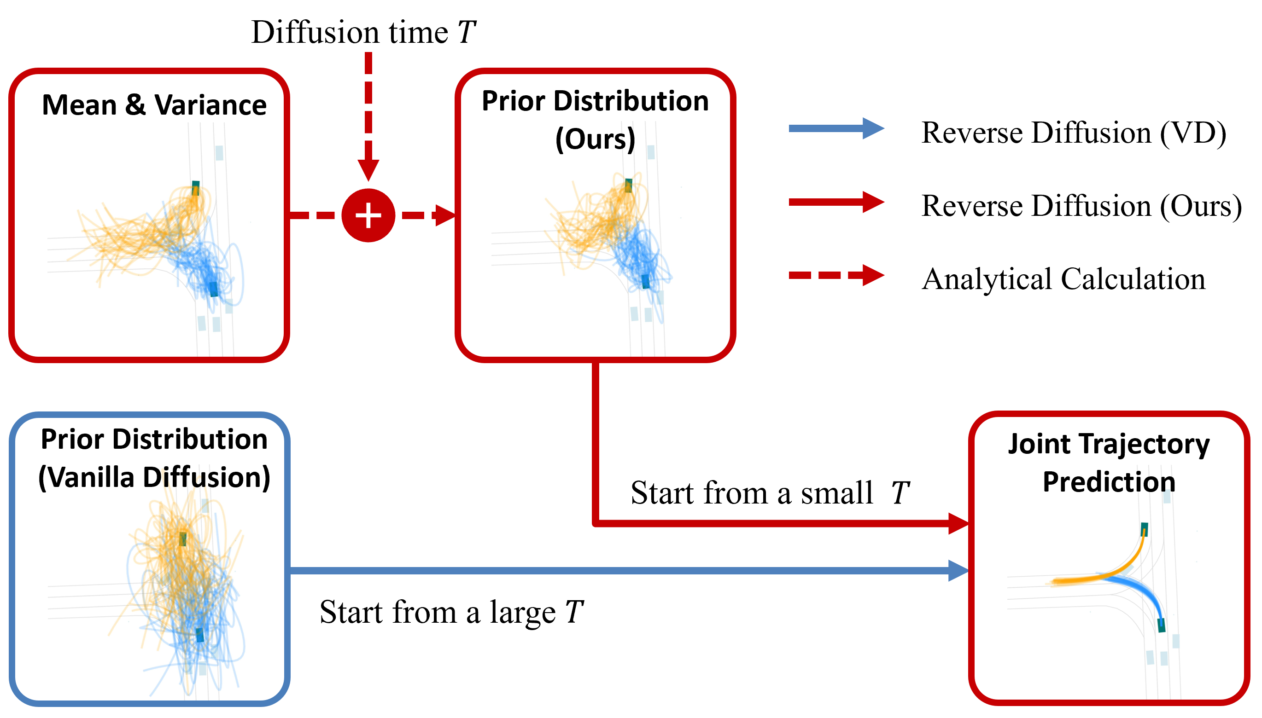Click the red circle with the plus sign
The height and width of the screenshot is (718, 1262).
(368, 215)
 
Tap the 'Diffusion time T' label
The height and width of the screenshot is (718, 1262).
(363, 33)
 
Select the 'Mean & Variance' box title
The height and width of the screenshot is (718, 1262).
(154, 105)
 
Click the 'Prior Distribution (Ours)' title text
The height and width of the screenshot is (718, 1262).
(595, 120)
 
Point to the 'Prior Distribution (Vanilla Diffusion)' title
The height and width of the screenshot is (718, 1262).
(154, 458)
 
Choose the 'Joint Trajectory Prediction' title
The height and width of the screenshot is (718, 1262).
(1109, 463)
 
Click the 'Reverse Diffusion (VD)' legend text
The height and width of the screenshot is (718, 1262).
(1074, 133)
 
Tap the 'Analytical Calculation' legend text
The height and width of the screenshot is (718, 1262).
(1063, 279)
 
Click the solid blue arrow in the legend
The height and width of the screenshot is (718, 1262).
(836, 129)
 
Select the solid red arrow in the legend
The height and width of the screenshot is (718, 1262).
(836, 202)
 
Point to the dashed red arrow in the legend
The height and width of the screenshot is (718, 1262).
(836, 275)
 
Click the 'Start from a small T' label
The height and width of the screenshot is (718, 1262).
(770, 492)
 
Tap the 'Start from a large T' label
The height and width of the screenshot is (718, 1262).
(451, 612)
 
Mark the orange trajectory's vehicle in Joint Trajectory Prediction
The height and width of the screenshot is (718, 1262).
(1144, 529)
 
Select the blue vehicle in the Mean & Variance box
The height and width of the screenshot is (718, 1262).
(213, 289)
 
